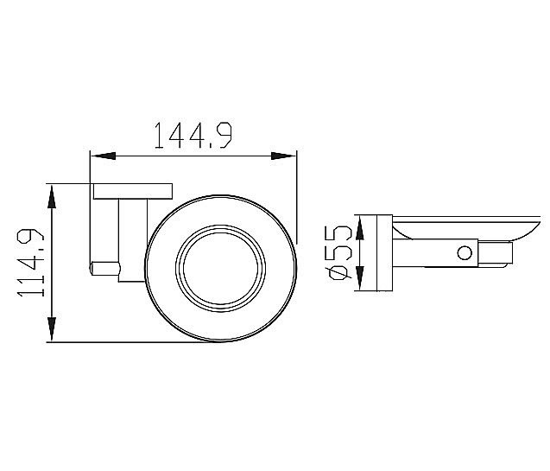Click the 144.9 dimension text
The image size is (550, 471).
(193, 135)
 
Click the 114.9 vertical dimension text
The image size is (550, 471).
(31, 263)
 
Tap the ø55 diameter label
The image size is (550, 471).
(338, 252)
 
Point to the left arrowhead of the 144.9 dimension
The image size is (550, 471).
(103, 156)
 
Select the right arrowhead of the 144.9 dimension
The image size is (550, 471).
(283, 156)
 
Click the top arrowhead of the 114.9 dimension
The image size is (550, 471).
(52, 198)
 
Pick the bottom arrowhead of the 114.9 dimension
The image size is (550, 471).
(52, 329)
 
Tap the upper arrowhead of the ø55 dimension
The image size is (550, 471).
(359, 228)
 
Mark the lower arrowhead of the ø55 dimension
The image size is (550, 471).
(359, 278)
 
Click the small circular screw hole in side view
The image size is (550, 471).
(465, 252)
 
